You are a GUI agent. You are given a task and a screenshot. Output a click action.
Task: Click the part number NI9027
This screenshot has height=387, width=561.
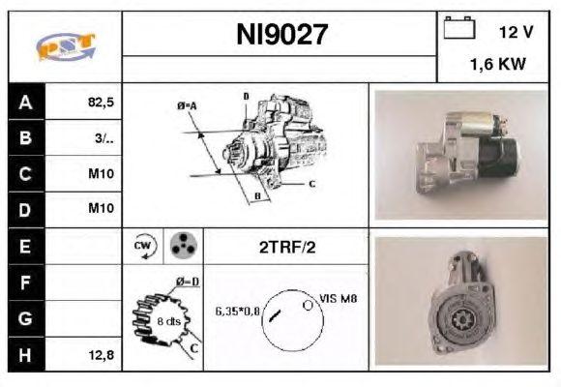281,35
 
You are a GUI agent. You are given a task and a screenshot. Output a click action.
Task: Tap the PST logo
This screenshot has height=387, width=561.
66,46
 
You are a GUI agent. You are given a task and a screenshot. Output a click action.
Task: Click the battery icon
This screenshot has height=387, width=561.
459,28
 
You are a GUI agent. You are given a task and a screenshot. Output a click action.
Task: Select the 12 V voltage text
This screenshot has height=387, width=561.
516,32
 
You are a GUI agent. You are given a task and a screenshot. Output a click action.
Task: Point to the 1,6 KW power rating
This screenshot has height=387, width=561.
498,64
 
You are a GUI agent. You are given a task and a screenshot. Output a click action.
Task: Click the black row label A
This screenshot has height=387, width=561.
26,102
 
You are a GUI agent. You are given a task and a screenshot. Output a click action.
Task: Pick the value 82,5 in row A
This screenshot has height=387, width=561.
101,103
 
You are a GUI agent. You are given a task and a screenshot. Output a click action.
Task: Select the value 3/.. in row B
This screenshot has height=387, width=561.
104,137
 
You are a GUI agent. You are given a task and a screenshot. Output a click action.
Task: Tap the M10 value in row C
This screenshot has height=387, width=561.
101,173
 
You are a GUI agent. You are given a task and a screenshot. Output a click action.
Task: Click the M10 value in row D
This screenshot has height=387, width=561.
101,208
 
